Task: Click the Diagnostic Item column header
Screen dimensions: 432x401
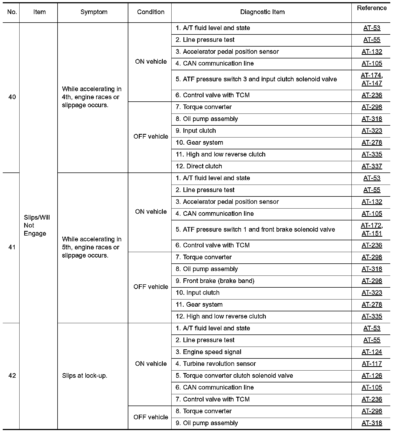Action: coord(262,12)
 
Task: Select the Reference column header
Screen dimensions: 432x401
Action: coord(372,8)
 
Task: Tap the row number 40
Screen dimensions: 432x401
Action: coord(12,97)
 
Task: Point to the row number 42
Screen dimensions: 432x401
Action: coord(12,376)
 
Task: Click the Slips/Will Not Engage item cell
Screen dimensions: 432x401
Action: coord(37,225)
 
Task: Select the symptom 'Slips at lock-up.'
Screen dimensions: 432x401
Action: coord(85,376)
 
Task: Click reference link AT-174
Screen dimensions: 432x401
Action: coord(371,75)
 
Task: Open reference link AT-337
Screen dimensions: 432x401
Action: coord(372,166)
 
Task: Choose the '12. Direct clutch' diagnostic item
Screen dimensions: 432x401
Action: coord(199,166)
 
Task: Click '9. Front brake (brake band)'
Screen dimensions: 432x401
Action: coord(215,281)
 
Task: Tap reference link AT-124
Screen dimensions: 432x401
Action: coord(372,352)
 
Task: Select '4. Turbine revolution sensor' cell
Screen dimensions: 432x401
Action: coord(216,364)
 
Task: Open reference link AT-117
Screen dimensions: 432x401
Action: coord(372,364)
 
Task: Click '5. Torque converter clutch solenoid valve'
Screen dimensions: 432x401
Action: coord(234,376)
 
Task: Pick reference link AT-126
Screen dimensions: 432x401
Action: coord(372,376)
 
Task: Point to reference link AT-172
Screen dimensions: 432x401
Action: coord(371,226)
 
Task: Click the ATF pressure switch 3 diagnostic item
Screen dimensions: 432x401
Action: coord(256,79)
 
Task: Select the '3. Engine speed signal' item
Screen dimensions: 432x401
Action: coord(208,352)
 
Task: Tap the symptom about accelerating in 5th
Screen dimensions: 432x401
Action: coord(92,247)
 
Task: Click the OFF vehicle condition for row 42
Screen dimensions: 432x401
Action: coord(151,417)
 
